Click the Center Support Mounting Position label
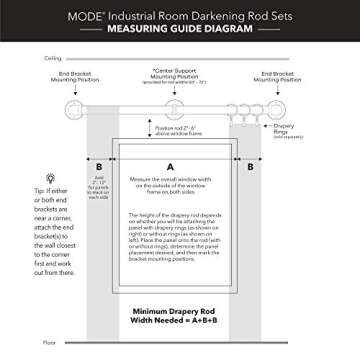(x=176, y=78)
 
